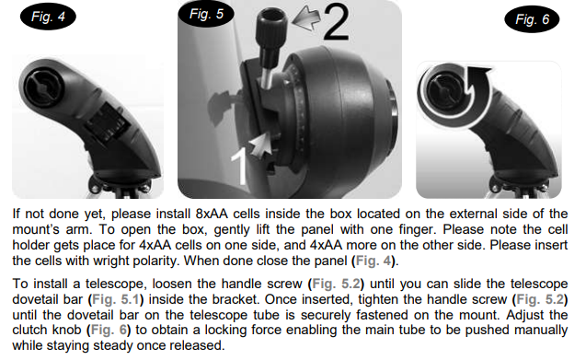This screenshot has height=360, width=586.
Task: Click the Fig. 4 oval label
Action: [48, 17]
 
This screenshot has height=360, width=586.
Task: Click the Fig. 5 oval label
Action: [206, 14]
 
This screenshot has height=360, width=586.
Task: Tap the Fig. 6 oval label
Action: [532, 19]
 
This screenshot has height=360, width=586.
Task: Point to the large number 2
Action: [336, 22]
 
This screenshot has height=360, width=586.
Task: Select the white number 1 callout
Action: [239, 167]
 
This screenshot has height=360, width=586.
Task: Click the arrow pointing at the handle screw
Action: [305, 18]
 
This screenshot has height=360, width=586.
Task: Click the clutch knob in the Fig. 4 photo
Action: [44, 86]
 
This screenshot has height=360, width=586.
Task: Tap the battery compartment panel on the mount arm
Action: [106, 122]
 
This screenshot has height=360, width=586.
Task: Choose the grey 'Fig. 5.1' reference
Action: [116, 299]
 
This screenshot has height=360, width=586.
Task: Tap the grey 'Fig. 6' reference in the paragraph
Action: [109, 330]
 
